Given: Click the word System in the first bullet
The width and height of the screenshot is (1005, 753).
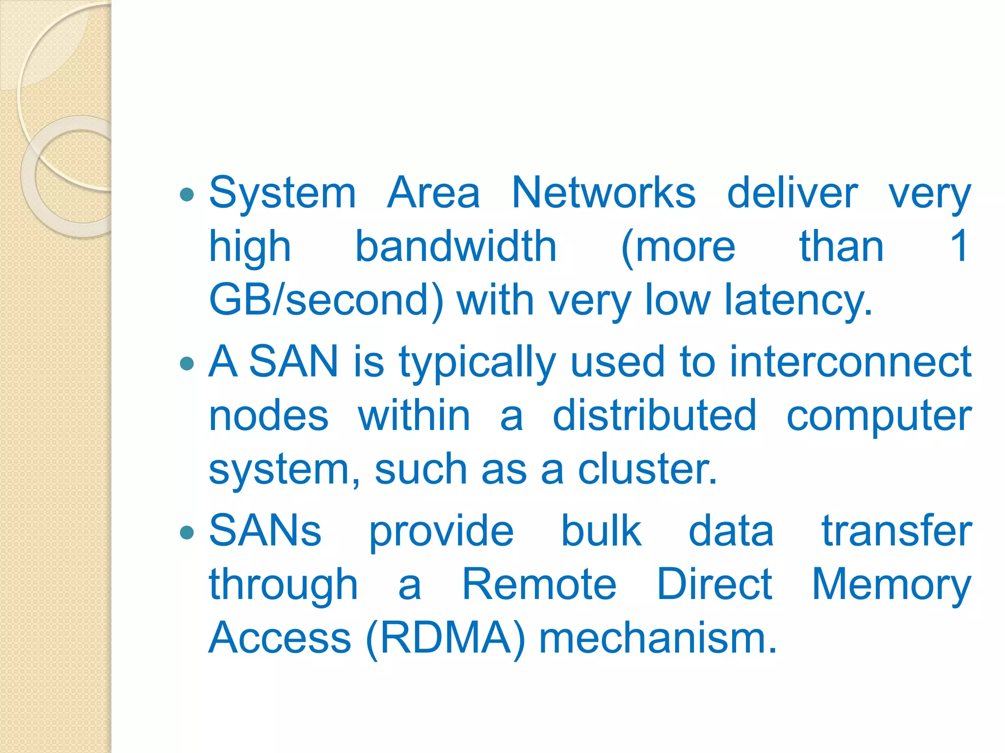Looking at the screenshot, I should [282, 194].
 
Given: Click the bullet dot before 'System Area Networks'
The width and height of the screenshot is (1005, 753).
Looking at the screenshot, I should [187, 195].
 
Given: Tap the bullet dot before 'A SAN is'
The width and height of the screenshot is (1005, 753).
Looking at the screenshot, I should [187, 363].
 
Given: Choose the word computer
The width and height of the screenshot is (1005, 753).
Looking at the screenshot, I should [879, 417].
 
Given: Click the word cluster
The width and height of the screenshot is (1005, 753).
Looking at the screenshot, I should [647, 469].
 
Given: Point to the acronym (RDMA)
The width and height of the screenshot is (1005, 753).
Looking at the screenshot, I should [445, 638].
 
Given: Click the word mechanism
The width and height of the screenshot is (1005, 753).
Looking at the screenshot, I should [658, 638].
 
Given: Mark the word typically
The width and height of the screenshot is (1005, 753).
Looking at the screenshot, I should [477, 363].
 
